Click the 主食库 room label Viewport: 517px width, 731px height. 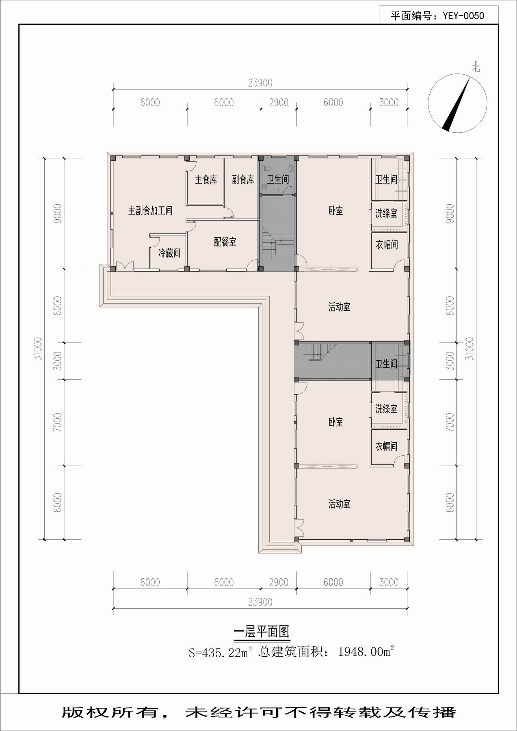206,180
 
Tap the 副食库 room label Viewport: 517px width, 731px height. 243,180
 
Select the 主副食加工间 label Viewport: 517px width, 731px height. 150,210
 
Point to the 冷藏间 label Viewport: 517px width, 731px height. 169,253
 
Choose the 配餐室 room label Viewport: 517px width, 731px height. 225,242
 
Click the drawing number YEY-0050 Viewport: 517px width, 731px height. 463,16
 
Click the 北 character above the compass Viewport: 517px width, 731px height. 476,67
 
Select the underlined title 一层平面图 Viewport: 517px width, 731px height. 262,632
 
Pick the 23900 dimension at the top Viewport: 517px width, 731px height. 260,83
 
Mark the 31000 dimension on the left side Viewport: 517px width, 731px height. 38,348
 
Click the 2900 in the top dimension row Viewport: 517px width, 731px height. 279,102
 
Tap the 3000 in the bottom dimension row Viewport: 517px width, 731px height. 389,582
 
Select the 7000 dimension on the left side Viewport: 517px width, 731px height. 57,422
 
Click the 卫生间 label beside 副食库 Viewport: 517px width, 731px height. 278,179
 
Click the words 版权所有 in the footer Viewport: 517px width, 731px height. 110,712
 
